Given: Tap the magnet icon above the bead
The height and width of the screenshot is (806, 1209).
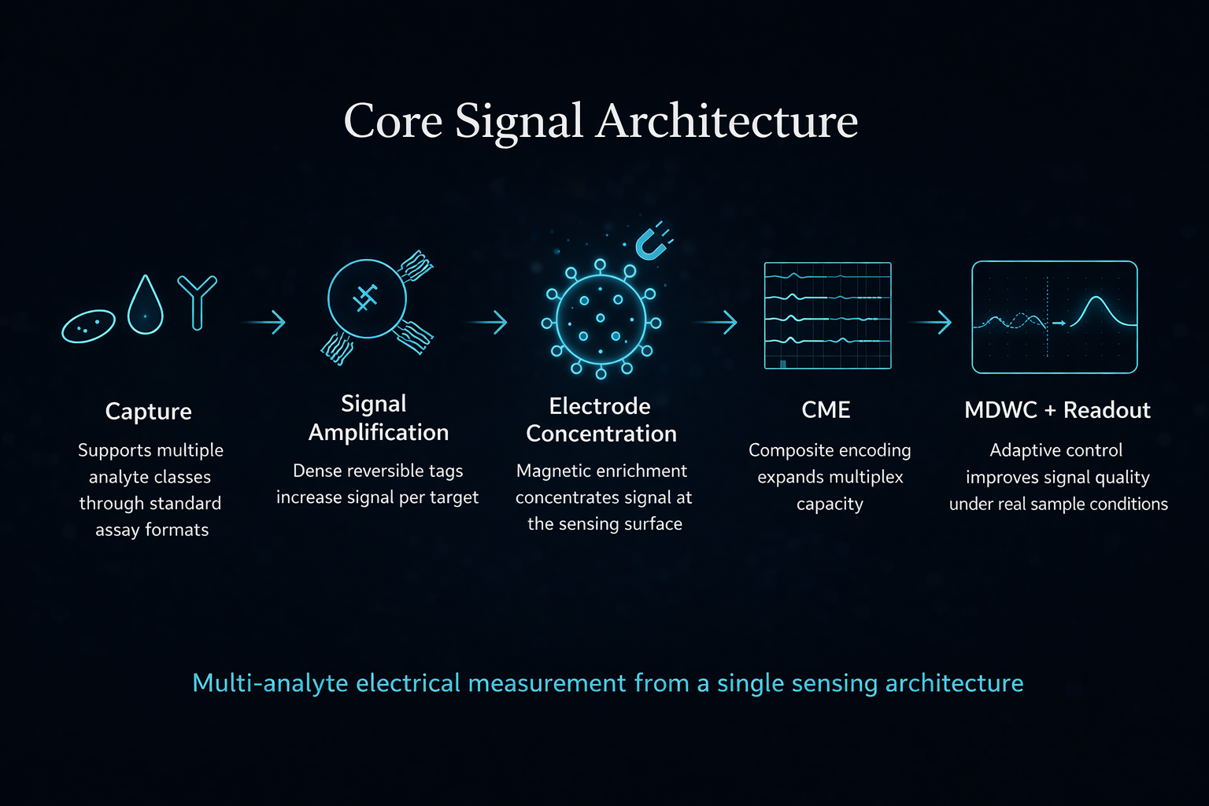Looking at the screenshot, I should click(653, 243).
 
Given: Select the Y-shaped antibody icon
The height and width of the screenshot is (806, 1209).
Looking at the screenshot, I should click(197, 302).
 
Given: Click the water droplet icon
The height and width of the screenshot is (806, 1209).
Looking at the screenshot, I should click(146, 306).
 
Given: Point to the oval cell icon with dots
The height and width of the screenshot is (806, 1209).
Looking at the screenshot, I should click(88, 325).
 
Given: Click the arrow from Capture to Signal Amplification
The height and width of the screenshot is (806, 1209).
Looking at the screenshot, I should click(265, 322).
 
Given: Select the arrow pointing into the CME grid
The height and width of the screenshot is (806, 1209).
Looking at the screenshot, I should click(716, 322).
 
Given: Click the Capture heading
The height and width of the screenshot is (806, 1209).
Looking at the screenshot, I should click(148, 412).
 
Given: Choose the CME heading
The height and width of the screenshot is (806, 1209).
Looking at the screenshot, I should click(826, 410).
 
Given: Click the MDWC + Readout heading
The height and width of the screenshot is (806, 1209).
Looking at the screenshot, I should click(1057, 410).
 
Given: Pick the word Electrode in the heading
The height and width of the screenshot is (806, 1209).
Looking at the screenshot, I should click(599, 406).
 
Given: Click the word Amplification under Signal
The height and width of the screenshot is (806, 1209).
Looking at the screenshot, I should click(379, 433).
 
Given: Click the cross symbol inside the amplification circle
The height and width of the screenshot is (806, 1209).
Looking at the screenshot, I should click(365, 298).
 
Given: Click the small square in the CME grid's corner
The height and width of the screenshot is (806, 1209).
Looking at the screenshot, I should click(782, 364).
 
